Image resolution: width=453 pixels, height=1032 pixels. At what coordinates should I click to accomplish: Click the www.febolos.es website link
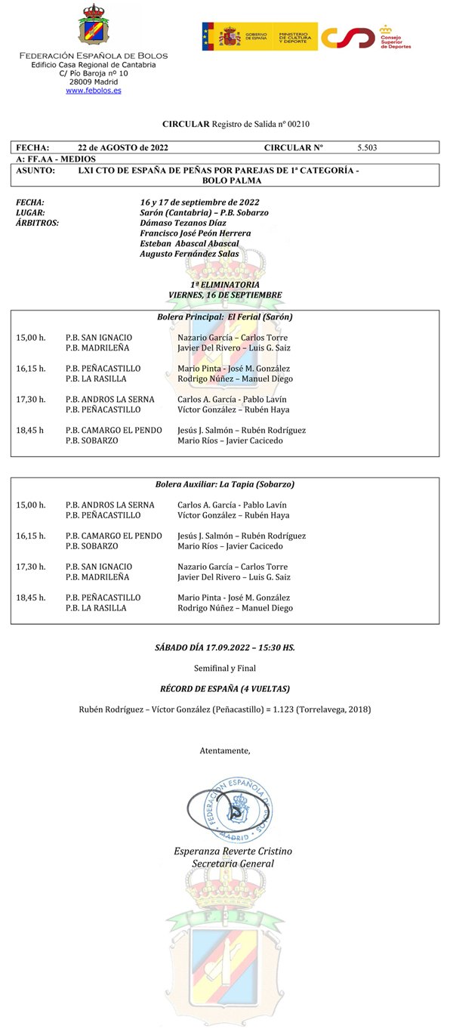click(x=94, y=91)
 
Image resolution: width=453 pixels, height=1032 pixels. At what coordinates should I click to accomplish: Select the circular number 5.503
click(x=367, y=147)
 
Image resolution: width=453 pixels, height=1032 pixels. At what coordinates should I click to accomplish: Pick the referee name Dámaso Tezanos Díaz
click(x=183, y=223)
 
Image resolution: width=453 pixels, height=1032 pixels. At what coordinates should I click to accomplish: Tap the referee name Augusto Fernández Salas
click(x=189, y=254)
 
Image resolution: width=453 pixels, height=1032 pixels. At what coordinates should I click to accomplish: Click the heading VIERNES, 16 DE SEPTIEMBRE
click(x=225, y=294)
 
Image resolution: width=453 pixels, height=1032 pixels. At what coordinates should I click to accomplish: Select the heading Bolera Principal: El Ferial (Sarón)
click(x=225, y=317)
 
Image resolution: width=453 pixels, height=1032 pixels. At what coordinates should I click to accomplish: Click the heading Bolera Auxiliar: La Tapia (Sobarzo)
click(x=225, y=484)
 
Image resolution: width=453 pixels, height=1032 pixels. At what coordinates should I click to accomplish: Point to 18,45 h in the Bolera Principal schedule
click(x=30, y=430)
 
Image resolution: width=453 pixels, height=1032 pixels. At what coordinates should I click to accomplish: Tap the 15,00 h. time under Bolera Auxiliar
click(x=31, y=505)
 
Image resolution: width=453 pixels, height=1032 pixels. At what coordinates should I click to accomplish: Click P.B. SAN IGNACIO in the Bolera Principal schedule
click(x=99, y=338)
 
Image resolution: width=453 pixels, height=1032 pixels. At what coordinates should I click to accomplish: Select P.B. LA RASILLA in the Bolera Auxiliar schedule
click(x=96, y=607)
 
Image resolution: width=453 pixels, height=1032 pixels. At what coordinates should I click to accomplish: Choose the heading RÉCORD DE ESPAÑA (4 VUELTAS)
click(x=225, y=688)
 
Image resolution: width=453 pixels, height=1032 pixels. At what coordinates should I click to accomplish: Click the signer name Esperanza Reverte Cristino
click(x=233, y=851)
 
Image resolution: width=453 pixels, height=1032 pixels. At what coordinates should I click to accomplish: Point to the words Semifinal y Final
click(x=225, y=668)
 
